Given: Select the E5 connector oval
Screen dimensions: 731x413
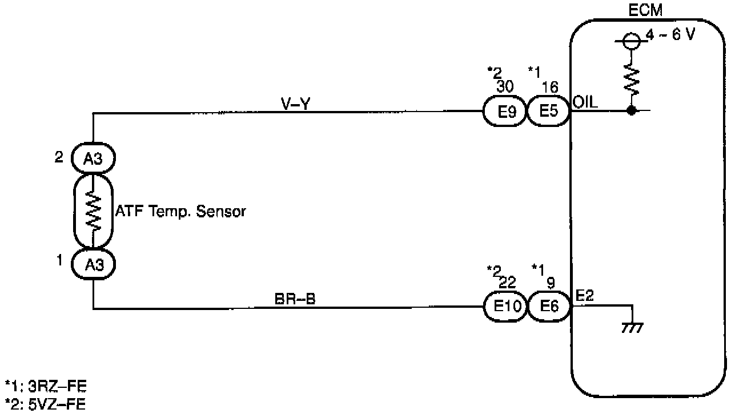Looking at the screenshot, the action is pyautogui.click(x=548, y=111).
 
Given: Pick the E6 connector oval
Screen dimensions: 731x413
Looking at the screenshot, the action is pyautogui.click(x=549, y=307).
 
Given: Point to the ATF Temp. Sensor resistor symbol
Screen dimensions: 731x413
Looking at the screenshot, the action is pyautogui.click(x=93, y=211).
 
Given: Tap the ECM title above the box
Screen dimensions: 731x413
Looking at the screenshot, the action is pyautogui.click(x=641, y=10).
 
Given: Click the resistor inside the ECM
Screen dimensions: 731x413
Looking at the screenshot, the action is pyautogui.click(x=632, y=79).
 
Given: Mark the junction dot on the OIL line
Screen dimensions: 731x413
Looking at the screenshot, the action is pyautogui.click(x=632, y=110).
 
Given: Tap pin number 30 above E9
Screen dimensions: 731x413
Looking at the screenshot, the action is pyautogui.click(x=505, y=86).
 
